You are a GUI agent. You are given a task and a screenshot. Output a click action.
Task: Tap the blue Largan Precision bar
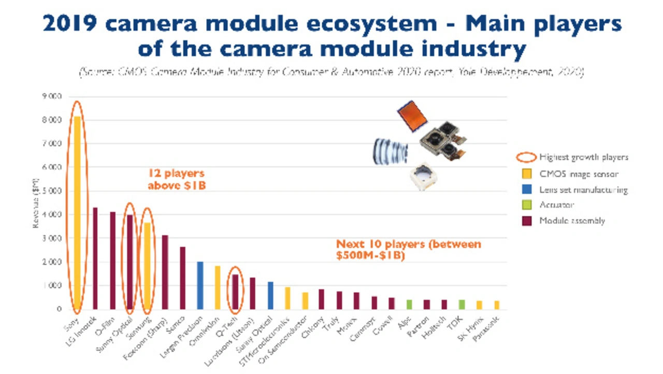(200, 285)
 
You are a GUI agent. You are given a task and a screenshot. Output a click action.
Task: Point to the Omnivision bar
(218, 287)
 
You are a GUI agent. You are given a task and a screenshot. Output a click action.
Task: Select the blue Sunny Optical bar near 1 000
(270, 295)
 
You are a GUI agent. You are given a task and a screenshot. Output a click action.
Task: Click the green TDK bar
(462, 305)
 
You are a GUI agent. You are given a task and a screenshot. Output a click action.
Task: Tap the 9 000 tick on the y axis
(51, 96)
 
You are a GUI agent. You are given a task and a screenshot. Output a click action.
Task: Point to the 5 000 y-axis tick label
(51, 191)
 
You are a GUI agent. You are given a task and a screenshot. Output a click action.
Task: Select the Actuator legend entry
(557, 205)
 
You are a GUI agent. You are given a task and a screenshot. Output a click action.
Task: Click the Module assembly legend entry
(572, 221)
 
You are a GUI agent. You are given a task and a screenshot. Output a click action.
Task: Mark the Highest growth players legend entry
(583, 157)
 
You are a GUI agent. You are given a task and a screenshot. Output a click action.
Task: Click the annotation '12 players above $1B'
(177, 179)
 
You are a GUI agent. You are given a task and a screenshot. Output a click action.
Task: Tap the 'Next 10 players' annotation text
(409, 249)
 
